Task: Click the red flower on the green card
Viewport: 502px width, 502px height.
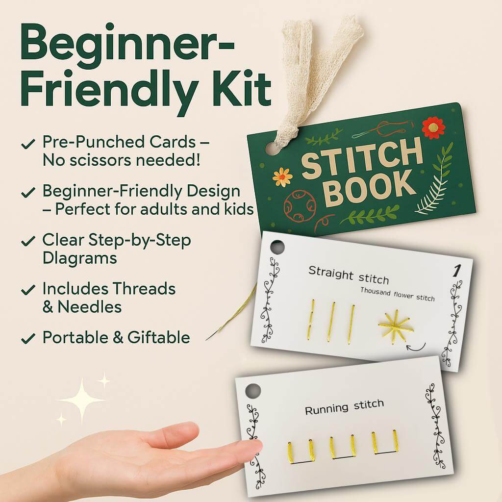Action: (x=433, y=127)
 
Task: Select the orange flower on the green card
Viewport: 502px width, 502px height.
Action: (x=282, y=176)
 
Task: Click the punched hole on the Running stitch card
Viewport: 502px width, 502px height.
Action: (x=252, y=391)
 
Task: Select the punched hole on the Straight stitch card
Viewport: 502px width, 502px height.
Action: (x=277, y=247)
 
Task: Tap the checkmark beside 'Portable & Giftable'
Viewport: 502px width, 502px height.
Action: (x=29, y=338)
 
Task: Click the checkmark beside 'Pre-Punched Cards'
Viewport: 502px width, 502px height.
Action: (x=29, y=144)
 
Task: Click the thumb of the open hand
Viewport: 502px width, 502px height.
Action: (x=245, y=448)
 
